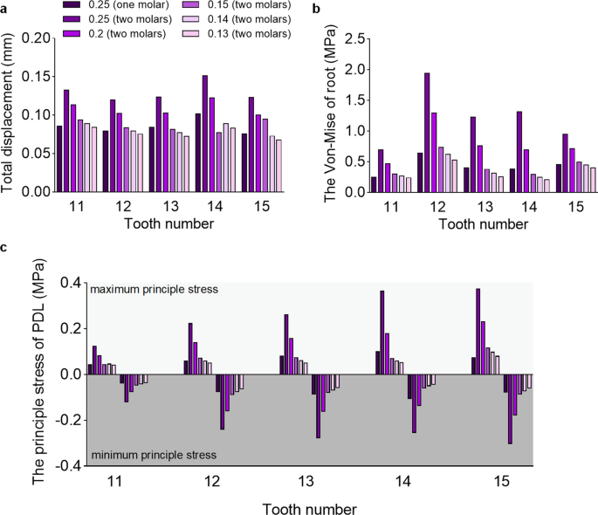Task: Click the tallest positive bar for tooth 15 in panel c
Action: coord(478,332)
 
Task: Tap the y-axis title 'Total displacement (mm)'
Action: coord(9,114)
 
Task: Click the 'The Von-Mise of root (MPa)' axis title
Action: coord(330,114)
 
